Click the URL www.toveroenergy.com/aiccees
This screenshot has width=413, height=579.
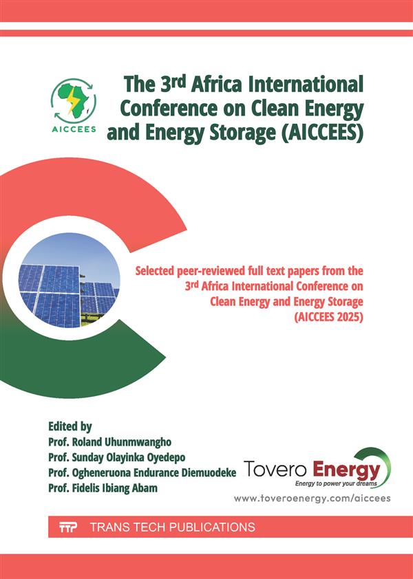[x=312, y=498]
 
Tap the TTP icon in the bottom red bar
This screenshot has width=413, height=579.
[x=67, y=528]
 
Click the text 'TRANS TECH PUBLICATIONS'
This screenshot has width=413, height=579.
[x=172, y=528]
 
